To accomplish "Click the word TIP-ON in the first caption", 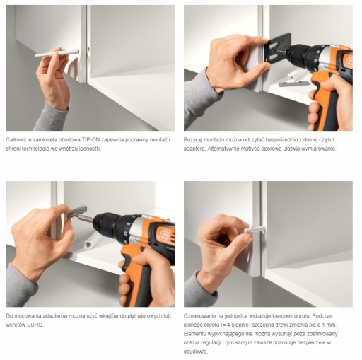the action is (90, 140).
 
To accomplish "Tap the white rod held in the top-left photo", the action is (57, 53).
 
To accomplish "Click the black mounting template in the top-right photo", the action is (277, 48).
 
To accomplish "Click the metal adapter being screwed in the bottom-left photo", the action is (76, 211).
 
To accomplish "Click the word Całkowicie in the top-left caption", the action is (18, 140).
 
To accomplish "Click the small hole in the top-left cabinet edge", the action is (89, 48).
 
